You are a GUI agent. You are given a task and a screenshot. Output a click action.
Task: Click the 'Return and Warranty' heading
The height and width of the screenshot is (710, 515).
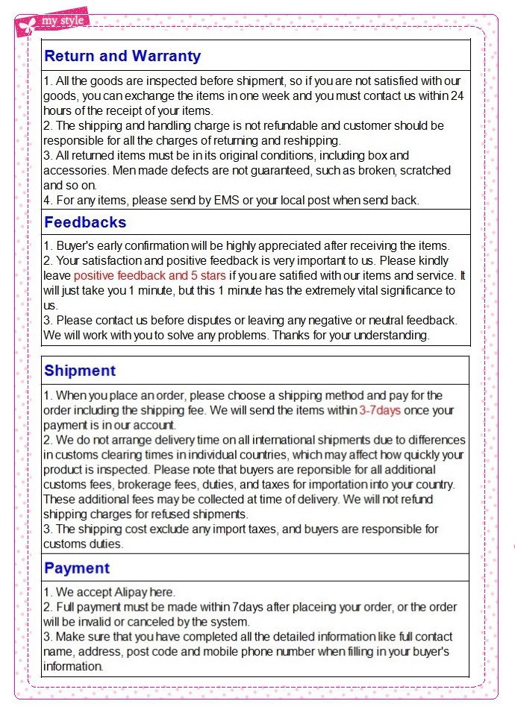pyautogui.click(x=122, y=56)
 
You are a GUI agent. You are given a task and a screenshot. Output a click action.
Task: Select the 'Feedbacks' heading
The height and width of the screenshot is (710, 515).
pyautogui.click(x=85, y=222)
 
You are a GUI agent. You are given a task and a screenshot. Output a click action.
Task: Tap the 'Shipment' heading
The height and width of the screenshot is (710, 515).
pyautogui.click(x=80, y=371)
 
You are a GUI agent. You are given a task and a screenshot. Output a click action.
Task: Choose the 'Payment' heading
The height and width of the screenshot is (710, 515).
pyautogui.click(x=77, y=568)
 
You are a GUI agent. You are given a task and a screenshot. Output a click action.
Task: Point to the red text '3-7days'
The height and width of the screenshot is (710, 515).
pyautogui.click(x=380, y=410)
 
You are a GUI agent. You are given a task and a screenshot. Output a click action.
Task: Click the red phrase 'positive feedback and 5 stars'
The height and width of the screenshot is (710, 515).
pyautogui.click(x=149, y=275)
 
